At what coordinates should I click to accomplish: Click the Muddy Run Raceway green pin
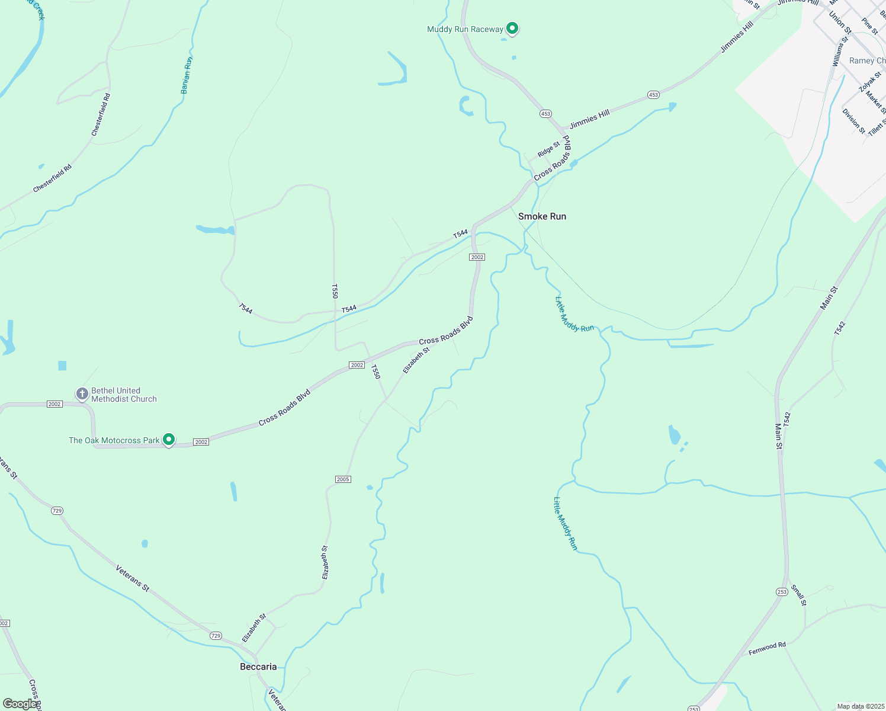click(512, 28)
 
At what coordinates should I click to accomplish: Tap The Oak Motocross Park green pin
click(169, 440)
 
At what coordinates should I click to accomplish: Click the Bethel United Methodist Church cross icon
click(82, 393)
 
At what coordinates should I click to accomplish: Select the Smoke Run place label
click(542, 216)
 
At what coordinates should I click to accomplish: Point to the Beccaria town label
click(258, 667)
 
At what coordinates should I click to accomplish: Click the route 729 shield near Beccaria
click(216, 636)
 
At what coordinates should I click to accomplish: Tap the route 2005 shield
click(343, 479)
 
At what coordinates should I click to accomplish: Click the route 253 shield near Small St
click(782, 592)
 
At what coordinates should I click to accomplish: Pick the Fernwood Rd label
click(767, 648)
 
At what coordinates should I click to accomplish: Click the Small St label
click(799, 595)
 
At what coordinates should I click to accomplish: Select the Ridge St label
click(548, 149)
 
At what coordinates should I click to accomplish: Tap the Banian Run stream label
click(187, 75)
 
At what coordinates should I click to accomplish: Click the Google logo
click(20, 704)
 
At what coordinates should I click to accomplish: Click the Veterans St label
click(133, 579)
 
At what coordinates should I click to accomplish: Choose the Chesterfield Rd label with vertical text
click(101, 115)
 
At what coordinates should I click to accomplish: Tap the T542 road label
click(839, 328)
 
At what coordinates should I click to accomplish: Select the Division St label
click(853, 121)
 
